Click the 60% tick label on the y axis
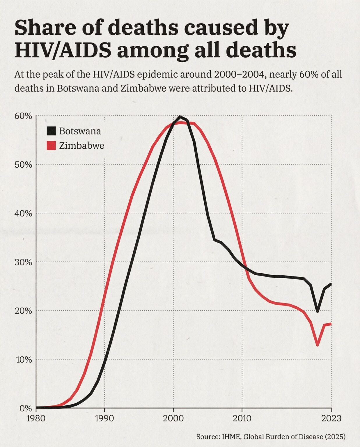(x=23, y=116)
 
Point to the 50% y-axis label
(x=23, y=165)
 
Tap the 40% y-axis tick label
(x=23, y=213)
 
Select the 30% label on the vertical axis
(x=23, y=262)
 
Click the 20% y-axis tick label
(x=23, y=311)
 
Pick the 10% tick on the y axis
(x=24, y=359)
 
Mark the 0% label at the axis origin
(x=25, y=408)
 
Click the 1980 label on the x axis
(x=36, y=418)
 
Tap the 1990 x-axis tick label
(x=104, y=418)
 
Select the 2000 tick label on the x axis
(x=173, y=418)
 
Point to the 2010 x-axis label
(x=242, y=418)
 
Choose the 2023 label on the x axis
(x=331, y=418)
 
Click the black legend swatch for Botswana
(x=51, y=131)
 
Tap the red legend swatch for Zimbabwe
(x=51, y=146)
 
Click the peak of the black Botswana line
(x=180, y=117)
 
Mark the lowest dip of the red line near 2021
(x=318, y=345)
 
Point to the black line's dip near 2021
(x=318, y=311)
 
